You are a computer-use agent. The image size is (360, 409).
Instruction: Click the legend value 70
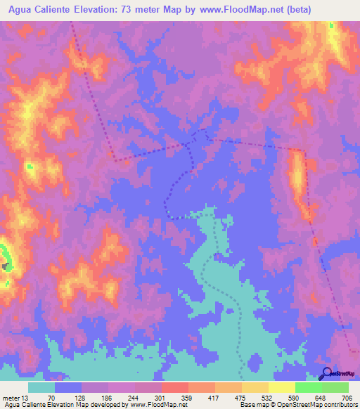coord(50,398)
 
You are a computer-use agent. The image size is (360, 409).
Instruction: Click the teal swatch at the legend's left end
coord(41,387)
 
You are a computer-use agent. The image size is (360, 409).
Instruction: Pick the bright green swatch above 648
coord(308,387)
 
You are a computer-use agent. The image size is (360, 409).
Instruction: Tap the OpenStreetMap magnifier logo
coord(326,373)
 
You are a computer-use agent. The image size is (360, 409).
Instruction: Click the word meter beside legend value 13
coord(12,398)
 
